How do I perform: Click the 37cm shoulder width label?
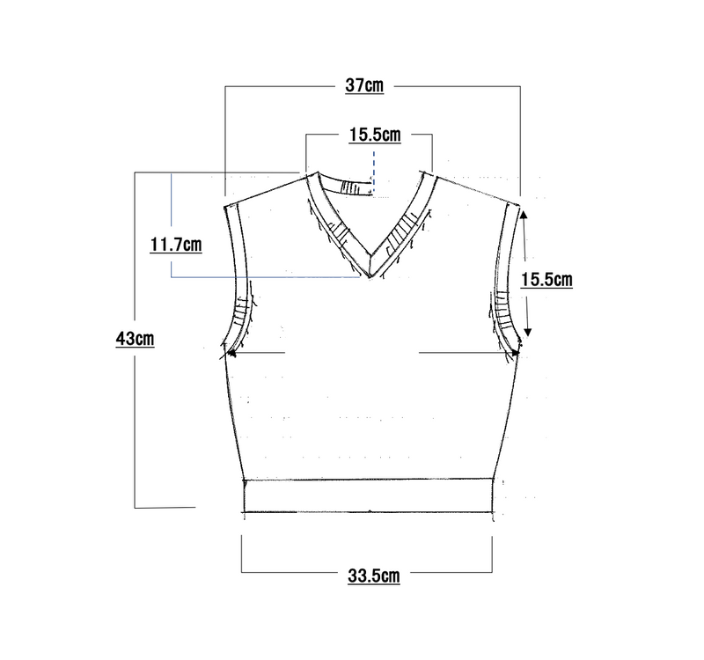[364, 85]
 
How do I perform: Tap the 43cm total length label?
[135, 339]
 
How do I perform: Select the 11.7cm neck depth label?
[175, 246]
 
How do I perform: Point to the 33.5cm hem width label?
[373, 576]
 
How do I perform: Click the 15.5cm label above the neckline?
[375, 135]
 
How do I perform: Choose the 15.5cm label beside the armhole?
[546, 280]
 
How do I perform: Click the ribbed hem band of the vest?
[369, 495]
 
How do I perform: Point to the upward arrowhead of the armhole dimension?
[524, 215]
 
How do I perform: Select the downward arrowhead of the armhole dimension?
[528, 333]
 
